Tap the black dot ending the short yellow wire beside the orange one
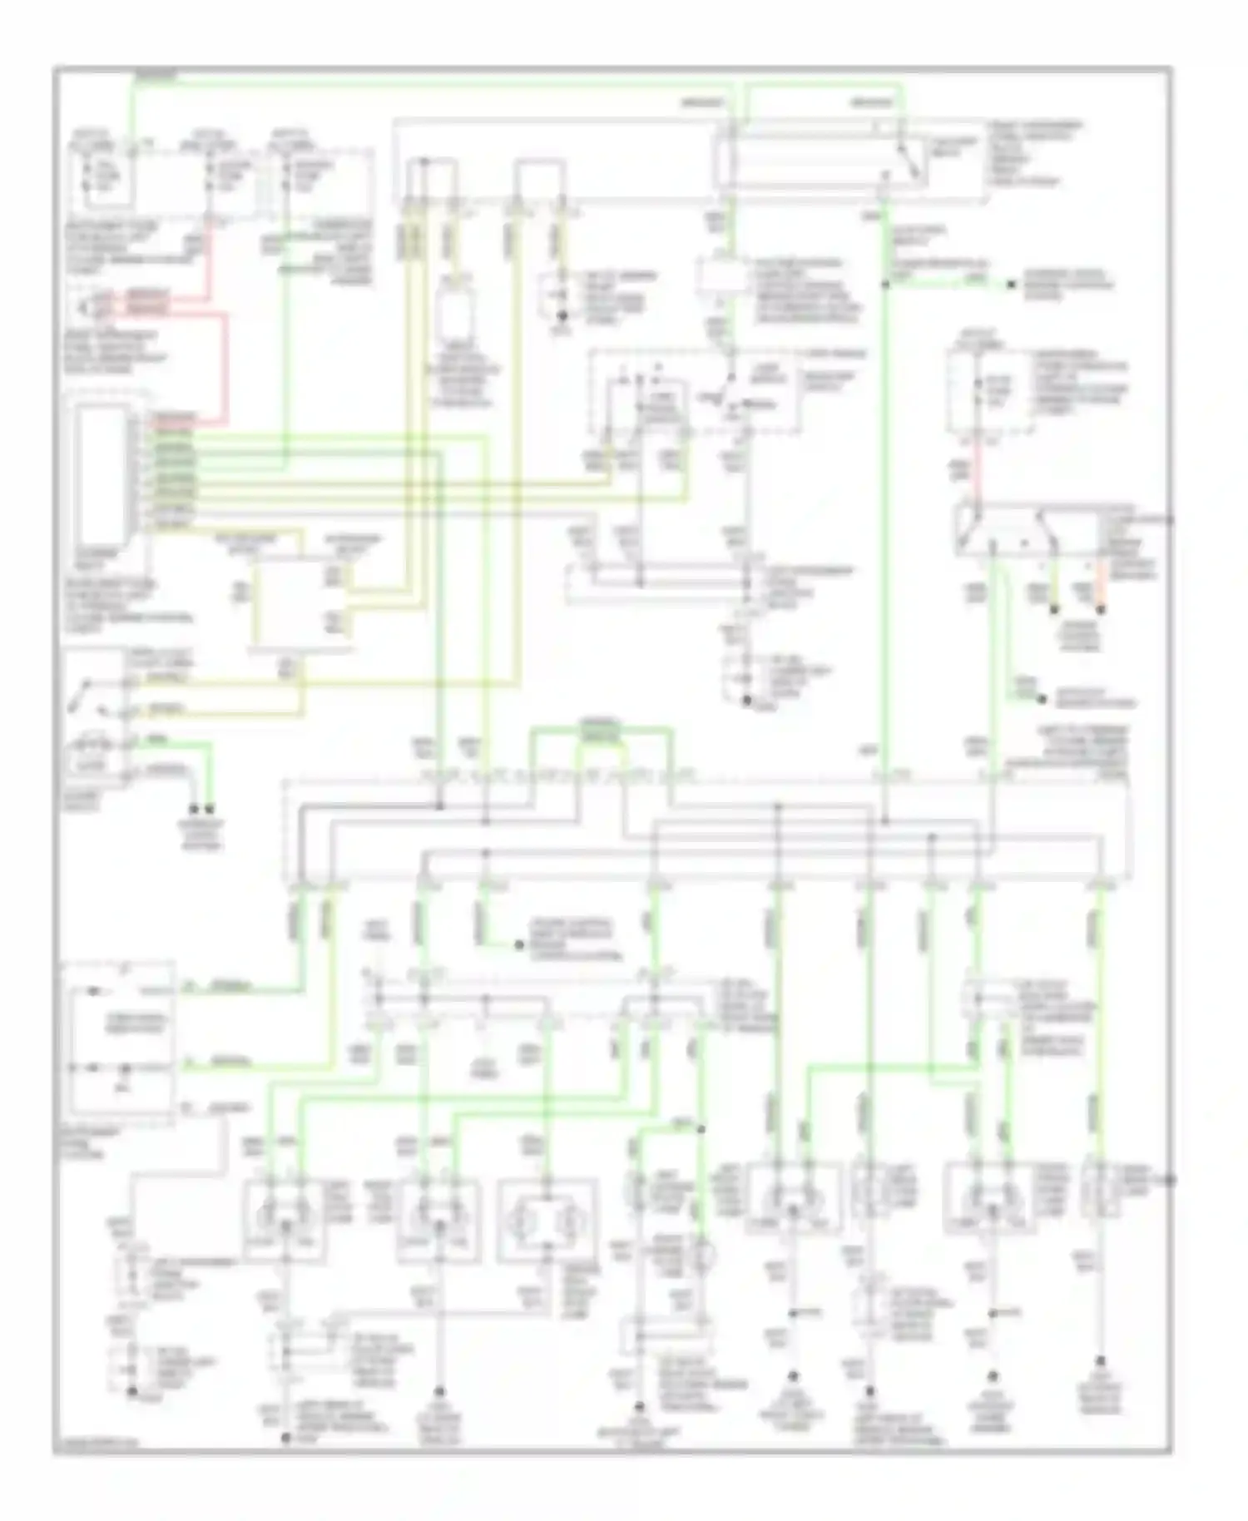[x=1054, y=610]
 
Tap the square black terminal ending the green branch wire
[x=1011, y=285]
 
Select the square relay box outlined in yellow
[x=301, y=603]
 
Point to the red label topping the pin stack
[x=171, y=417]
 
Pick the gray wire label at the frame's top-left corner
[x=154, y=75]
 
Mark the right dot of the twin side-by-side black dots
[x=211, y=808]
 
